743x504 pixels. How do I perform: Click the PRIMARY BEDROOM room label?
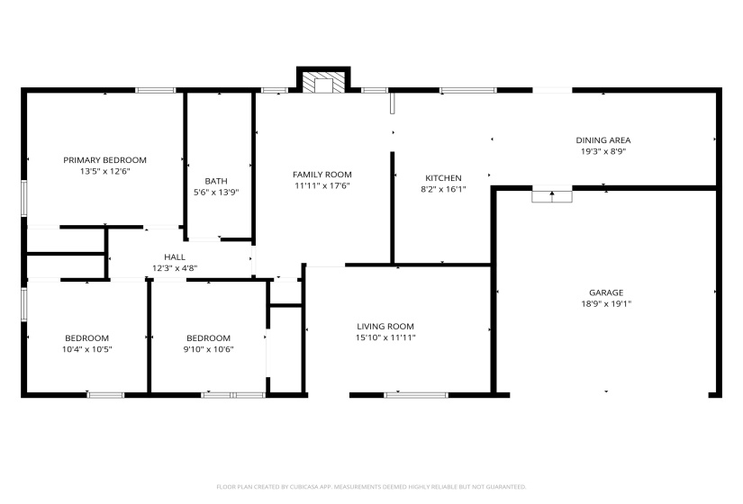104,160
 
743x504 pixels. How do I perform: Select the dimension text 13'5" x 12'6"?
104,171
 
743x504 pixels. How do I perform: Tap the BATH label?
216,181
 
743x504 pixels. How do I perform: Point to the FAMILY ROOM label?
322,175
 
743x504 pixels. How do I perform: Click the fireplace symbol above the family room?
322,83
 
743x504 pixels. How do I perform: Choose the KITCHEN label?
443,178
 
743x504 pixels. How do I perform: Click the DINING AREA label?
603,140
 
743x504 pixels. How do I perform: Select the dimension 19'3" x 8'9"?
603,151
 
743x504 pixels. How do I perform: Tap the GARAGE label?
606,292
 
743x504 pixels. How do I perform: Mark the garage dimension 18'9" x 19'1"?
606,303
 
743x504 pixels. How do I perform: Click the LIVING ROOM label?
385,327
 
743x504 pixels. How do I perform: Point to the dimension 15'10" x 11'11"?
385,337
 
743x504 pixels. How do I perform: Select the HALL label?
175,257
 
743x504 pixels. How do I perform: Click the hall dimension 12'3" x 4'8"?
175,267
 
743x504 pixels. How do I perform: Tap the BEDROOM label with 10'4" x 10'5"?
86,338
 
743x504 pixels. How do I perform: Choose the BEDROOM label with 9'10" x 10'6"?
208,338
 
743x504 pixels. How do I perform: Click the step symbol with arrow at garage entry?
552,195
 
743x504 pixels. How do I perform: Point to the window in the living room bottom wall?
415,394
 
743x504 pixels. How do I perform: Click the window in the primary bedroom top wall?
155,90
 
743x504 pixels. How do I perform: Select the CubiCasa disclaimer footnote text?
371,487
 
